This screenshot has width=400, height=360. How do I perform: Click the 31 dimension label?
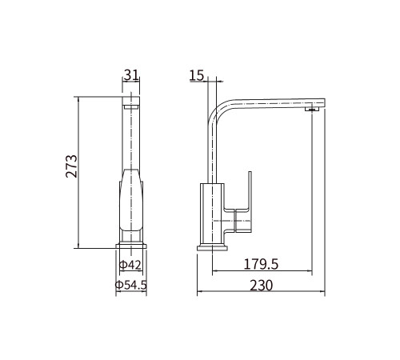coord(132,74)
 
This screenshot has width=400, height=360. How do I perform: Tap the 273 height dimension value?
coord(71,166)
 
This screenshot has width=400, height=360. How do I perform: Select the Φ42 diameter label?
coord(130,265)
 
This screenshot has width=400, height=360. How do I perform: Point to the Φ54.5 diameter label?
coord(131,285)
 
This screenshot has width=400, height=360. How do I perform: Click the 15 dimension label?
coord(197,75)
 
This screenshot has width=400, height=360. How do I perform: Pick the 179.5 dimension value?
coord(261,264)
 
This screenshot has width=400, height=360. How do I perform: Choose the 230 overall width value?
coord(262,286)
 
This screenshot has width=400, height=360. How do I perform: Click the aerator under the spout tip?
coord(312,109)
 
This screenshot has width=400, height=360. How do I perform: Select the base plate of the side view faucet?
coord(212,248)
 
